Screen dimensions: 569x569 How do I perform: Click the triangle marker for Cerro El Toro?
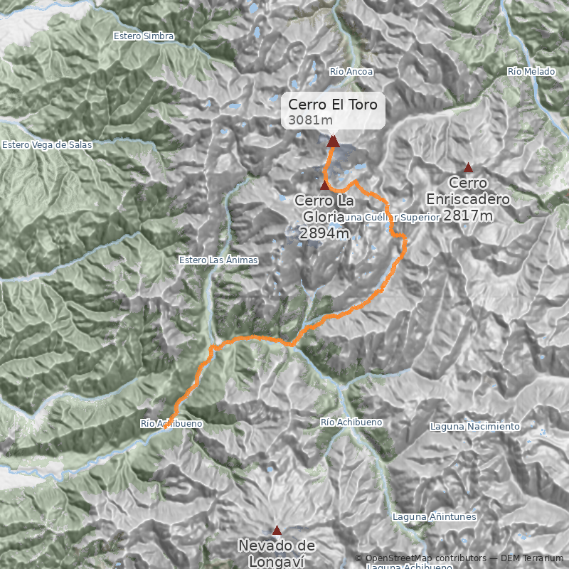pyautogui.click(x=333, y=141)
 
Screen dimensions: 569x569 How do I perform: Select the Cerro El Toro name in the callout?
pyautogui.click(x=334, y=105)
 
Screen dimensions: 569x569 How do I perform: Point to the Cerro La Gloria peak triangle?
pyautogui.click(x=325, y=185)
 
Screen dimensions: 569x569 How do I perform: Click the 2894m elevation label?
pyautogui.click(x=324, y=233)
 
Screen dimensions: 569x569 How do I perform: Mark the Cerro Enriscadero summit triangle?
pyautogui.click(x=468, y=168)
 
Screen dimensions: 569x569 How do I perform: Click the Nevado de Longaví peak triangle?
pyautogui.click(x=277, y=529)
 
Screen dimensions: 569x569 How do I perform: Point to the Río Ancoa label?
pyautogui.click(x=351, y=72)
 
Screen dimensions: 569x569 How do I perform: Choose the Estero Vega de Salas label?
pyautogui.click(x=47, y=145)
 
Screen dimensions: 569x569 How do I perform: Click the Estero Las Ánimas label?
pyautogui.click(x=218, y=260)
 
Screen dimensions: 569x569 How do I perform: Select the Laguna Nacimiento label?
pyautogui.click(x=475, y=427)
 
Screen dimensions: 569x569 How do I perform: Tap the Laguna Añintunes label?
pyautogui.click(x=434, y=517)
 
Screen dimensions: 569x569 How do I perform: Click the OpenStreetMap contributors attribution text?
pyautogui.click(x=411, y=558)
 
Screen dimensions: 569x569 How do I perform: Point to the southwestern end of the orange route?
pyautogui.click(x=166, y=428)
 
